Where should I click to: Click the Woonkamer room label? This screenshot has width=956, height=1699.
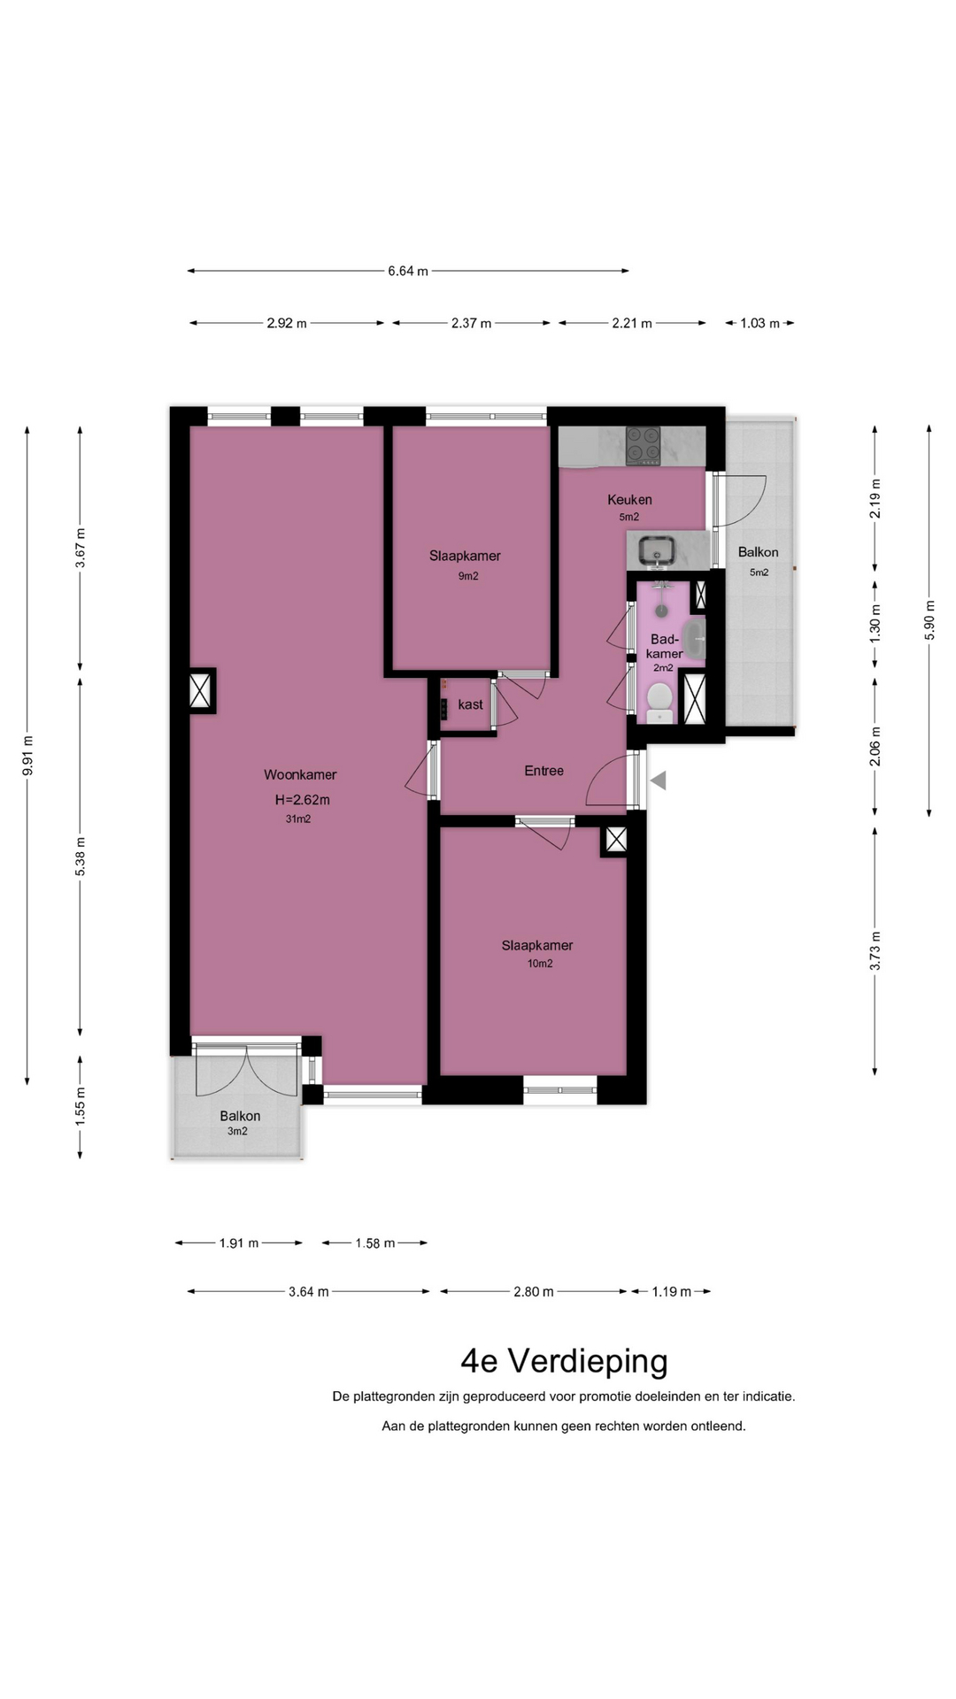click(x=300, y=775)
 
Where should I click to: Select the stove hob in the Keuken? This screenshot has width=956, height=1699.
click(x=644, y=445)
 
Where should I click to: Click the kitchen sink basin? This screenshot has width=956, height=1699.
click(x=656, y=551)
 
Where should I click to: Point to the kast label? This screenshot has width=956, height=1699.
click(x=470, y=705)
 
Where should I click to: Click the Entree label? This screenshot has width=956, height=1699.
click(x=544, y=771)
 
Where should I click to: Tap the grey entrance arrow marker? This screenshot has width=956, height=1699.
click(x=658, y=780)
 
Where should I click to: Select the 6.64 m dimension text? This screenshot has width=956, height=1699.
click(x=408, y=271)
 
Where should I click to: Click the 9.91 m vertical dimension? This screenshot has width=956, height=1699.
click(x=27, y=756)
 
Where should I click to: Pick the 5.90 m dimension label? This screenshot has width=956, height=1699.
click(x=929, y=620)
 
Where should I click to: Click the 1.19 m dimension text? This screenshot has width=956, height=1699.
click(x=671, y=1292)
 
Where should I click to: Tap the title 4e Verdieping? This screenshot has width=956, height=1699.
click(x=564, y=1361)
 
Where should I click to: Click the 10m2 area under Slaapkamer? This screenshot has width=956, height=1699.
click(x=540, y=964)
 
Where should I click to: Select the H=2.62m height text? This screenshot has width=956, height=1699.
click(x=302, y=800)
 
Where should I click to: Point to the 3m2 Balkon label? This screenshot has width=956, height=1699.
click(x=238, y=1132)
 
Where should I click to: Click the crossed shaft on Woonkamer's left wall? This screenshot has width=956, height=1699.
click(x=201, y=690)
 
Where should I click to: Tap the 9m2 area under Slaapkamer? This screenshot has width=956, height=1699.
click(x=468, y=576)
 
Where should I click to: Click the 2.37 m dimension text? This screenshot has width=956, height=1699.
click(x=471, y=323)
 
